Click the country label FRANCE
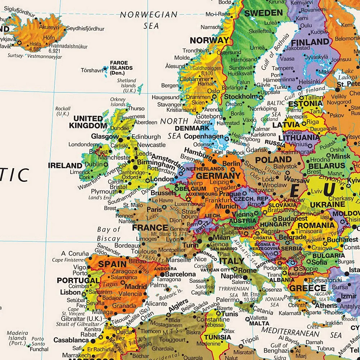150,228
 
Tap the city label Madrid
136,287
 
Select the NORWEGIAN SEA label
149,20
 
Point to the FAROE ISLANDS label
121,67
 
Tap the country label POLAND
273,159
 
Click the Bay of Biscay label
109,234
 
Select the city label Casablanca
71,340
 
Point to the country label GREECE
307,288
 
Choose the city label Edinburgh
146,137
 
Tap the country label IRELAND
65,165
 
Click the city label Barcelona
180,274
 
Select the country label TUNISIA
218,337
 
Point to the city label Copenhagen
204,137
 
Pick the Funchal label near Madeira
39,349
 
